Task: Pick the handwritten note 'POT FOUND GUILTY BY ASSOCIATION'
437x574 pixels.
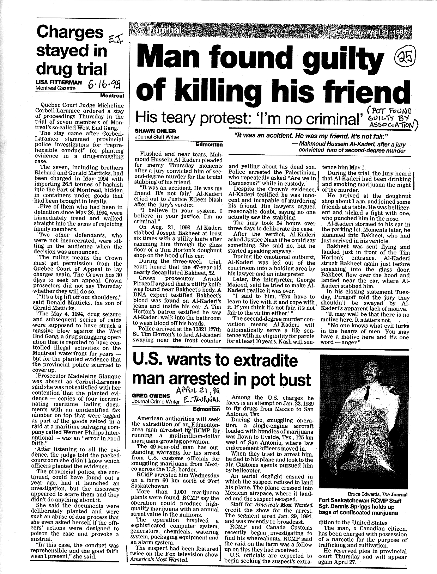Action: click(391, 119)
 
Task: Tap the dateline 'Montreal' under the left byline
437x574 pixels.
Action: click(112, 96)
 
